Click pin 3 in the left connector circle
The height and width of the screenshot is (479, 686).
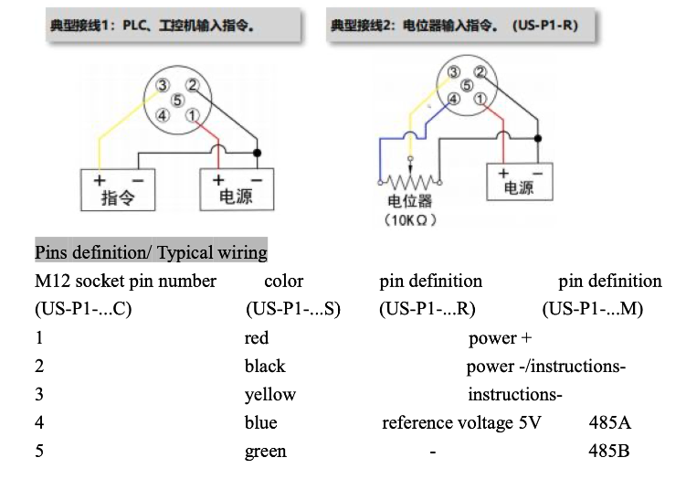tap(162, 85)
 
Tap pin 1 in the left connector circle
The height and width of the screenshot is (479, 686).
tap(192, 115)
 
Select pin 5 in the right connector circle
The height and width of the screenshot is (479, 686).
tap(468, 85)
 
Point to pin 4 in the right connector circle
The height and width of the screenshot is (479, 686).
tap(453, 99)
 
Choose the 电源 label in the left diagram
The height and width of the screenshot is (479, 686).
tap(237, 197)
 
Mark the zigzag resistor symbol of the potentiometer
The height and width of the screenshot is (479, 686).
tap(409, 180)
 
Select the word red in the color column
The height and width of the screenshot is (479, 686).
tap(257, 338)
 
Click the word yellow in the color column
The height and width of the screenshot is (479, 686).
tap(270, 395)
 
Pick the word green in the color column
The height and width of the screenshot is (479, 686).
tap(266, 452)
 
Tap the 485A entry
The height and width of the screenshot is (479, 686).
tap(611, 423)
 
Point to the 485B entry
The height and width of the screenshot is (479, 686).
tap(610, 452)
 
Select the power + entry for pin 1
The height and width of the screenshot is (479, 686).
tap(501, 338)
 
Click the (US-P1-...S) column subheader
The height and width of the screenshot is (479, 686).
tap(293, 309)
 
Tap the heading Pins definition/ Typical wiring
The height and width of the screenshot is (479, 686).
tap(151, 252)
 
